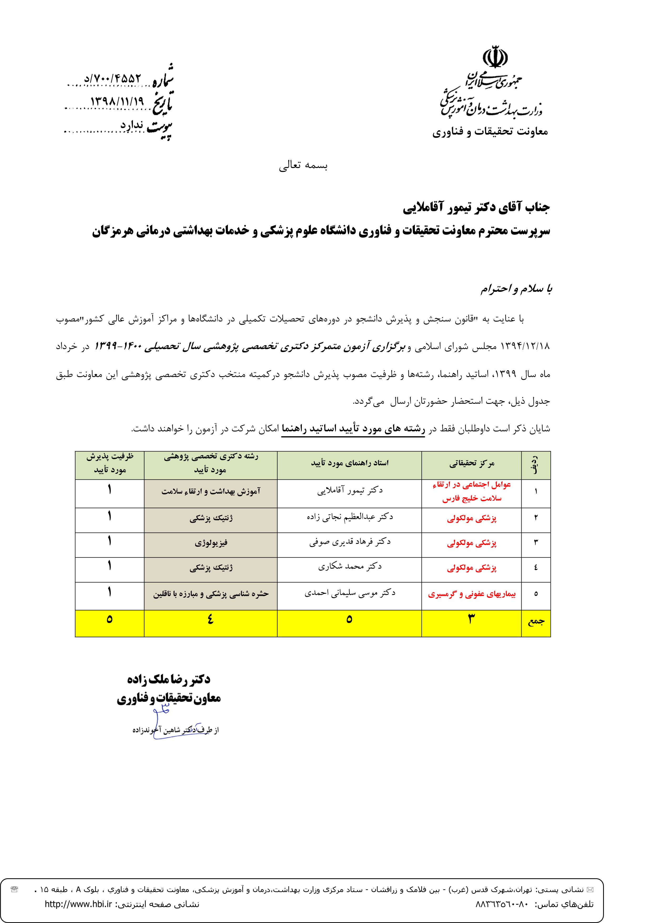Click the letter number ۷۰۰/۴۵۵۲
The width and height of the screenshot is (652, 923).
tap(113, 78)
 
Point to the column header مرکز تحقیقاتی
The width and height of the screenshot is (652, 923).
tap(472, 464)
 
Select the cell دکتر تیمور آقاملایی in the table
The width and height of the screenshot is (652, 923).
tap(349, 490)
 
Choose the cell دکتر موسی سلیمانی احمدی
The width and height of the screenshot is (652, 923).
tap(349, 593)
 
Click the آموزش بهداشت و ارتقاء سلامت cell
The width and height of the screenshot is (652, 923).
tap(211, 491)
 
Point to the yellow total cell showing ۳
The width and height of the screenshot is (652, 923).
tap(472, 619)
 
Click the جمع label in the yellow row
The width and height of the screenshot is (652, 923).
tap(536, 621)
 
